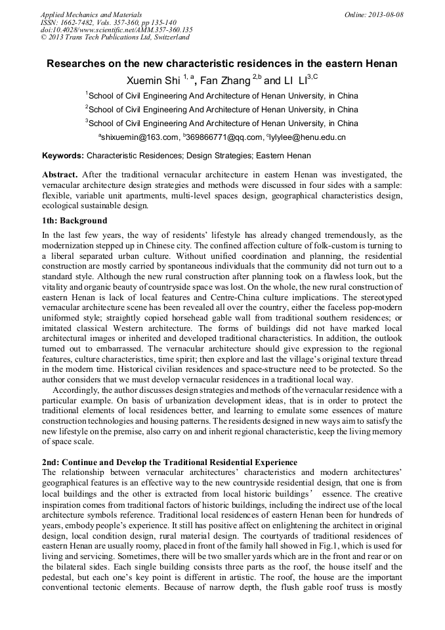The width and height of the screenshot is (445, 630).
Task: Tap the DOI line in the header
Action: (116, 30)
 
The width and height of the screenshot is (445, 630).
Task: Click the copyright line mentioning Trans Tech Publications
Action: (115, 37)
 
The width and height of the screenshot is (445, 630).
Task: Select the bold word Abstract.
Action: (60, 175)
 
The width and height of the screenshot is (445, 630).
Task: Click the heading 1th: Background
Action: (74, 221)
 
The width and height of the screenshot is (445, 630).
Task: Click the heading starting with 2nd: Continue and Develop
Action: (169, 462)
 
